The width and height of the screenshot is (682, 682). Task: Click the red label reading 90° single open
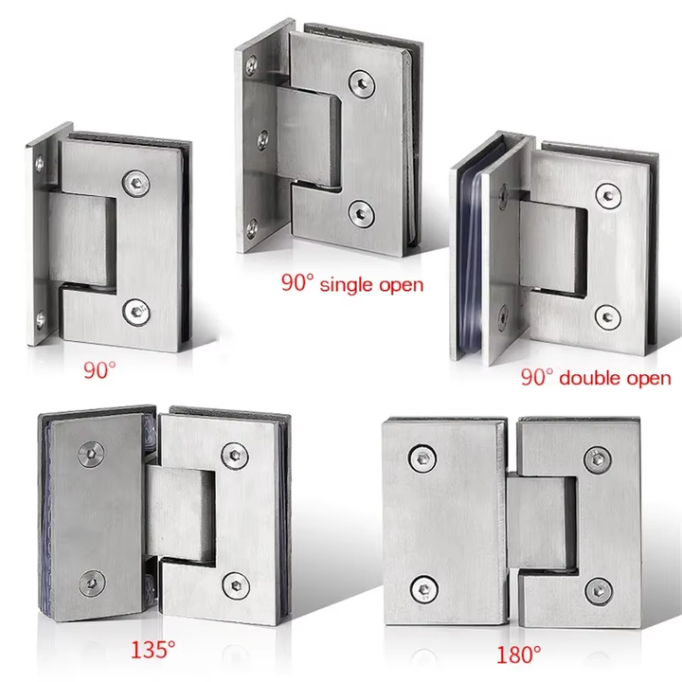coord(351,282)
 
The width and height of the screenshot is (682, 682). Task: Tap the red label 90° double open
coord(596,378)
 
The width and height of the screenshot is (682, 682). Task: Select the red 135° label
coord(153,650)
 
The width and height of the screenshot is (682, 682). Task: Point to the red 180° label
coord(518,654)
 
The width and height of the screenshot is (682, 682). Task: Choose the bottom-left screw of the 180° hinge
coord(418,585)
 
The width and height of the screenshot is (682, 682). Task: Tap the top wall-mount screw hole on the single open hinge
coord(252,66)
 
